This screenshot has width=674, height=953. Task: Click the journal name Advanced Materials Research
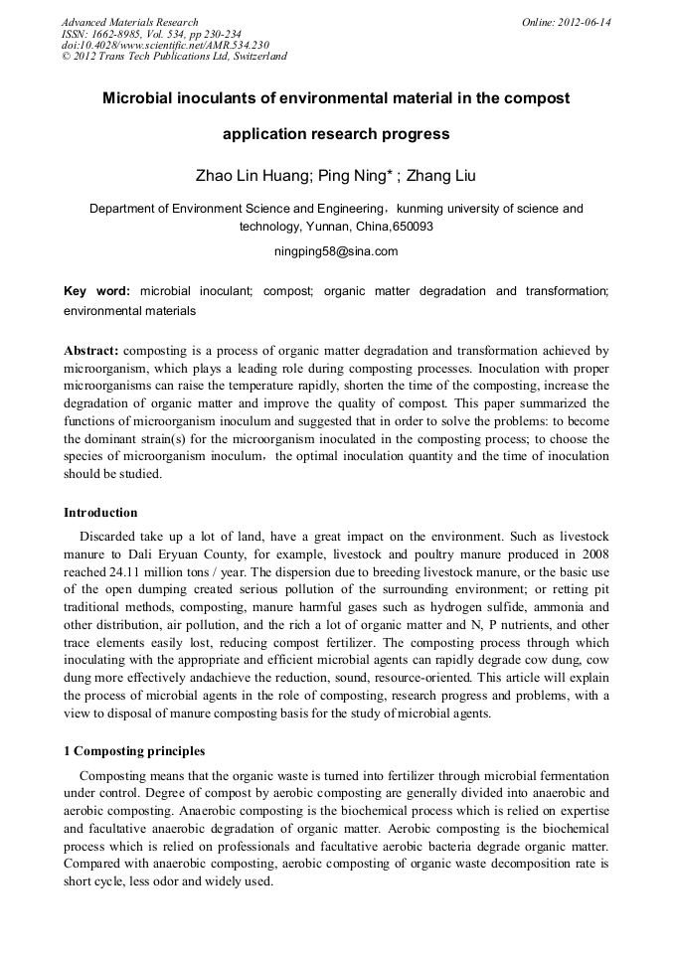[x=129, y=22]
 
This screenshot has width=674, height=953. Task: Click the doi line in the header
[x=165, y=45]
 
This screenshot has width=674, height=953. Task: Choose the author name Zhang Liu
[x=442, y=176]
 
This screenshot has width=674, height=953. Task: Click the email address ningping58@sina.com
[x=336, y=251]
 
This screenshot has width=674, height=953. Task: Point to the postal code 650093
[x=412, y=227]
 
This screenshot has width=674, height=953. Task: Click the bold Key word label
[x=96, y=291]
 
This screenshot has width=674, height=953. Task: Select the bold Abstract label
[x=91, y=351]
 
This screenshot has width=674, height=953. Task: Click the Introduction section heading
[x=100, y=513]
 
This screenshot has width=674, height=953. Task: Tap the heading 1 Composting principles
[x=134, y=751]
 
